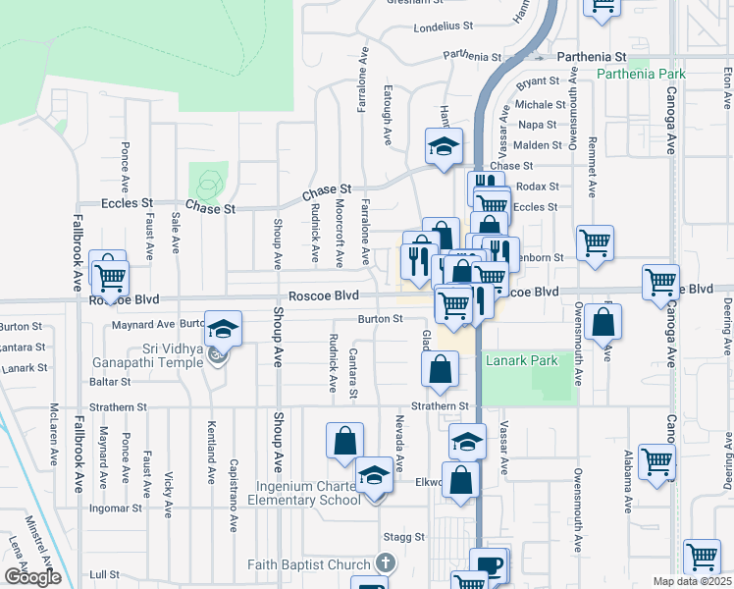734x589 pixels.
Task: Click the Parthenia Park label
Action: pyautogui.click(x=642, y=75)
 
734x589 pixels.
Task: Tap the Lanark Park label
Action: pyautogui.click(x=521, y=361)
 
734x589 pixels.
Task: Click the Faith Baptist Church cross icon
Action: pyautogui.click(x=387, y=563)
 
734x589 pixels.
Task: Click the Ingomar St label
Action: pyautogui.click(x=116, y=509)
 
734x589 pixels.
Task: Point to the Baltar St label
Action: pyautogui.click(x=110, y=381)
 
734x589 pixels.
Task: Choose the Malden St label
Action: pyautogui.click(x=536, y=144)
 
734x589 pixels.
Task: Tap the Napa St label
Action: pyautogui.click(x=537, y=125)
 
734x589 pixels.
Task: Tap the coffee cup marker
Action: pyautogui.click(x=489, y=566)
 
